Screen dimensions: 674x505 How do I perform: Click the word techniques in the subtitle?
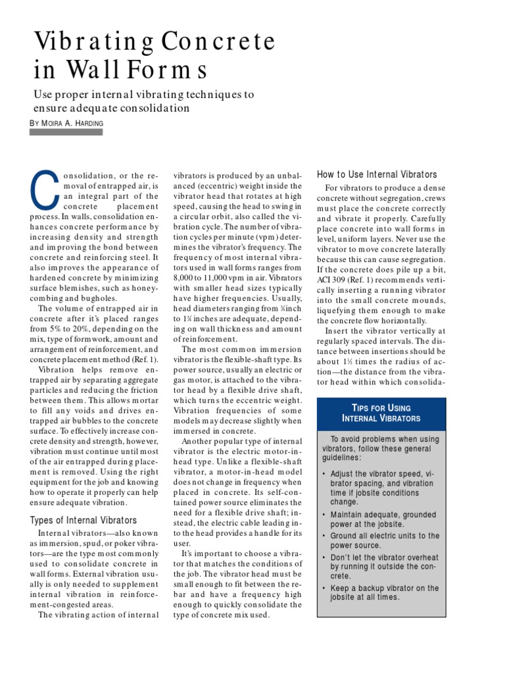[x=218, y=94]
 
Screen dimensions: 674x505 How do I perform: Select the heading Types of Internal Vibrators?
[x=84, y=520]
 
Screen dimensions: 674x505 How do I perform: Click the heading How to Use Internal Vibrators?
[x=377, y=174]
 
